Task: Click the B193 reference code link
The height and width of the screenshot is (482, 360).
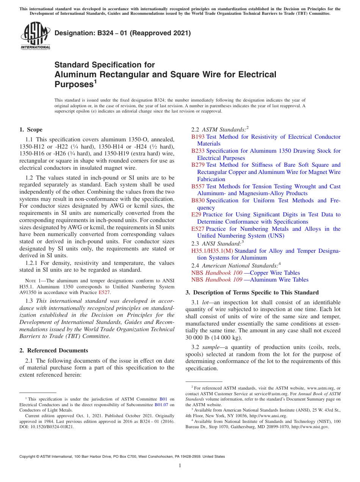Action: [198, 137]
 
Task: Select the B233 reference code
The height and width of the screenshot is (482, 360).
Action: [198, 151]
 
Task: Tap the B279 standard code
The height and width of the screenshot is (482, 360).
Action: [198, 165]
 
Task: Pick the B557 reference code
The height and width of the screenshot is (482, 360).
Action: [198, 186]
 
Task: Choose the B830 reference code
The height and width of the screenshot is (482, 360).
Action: [198, 200]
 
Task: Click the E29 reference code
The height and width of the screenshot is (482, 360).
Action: [196, 214]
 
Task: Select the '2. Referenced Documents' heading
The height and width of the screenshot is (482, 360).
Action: [54, 351]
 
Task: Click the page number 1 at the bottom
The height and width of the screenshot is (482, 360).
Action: [180, 465]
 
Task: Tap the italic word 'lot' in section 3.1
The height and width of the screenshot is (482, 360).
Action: [207, 302]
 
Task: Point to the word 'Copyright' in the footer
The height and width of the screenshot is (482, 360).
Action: [28, 457]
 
